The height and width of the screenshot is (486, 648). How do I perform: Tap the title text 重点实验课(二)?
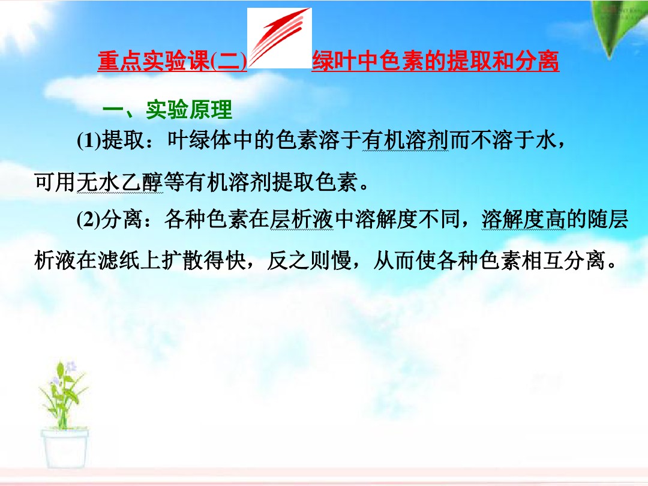(x=173, y=62)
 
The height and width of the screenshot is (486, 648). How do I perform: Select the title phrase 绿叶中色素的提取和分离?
(x=436, y=62)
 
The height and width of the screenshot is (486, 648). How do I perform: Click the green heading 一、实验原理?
(x=167, y=110)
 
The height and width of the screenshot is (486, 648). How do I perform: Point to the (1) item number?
(x=89, y=142)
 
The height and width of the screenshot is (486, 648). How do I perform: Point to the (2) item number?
(x=89, y=221)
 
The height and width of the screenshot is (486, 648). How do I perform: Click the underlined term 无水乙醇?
(x=120, y=182)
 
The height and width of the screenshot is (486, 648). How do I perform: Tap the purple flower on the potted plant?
(x=70, y=365)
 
